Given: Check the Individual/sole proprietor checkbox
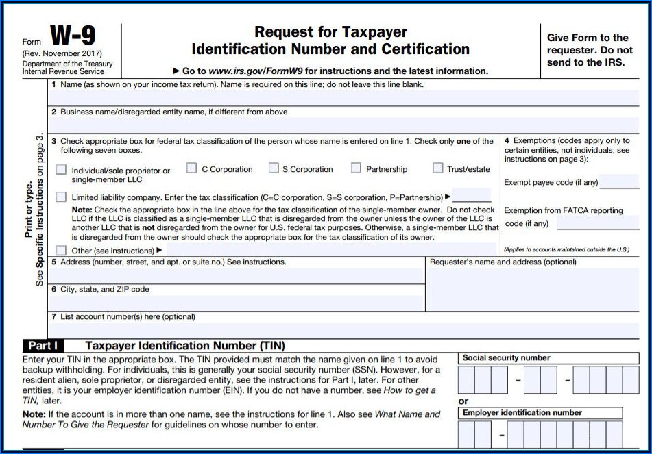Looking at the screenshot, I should click(62, 170).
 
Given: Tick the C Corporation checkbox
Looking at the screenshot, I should click(191, 168).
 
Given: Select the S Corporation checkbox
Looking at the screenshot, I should click(274, 168).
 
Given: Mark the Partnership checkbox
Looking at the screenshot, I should click(356, 168).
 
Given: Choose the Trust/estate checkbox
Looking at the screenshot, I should click(438, 168).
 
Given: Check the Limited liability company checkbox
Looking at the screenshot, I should click(62, 197).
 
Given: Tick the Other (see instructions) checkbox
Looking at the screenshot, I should click(62, 251).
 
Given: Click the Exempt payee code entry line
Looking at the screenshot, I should click(619, 182).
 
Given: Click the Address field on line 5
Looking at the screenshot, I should click(237, 275).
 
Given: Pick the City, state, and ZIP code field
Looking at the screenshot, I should click(237, 303).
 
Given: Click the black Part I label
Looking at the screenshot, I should click(43, 346).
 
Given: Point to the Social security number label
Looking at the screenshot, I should click(506, 358).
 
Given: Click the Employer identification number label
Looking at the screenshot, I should click(522, 413).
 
